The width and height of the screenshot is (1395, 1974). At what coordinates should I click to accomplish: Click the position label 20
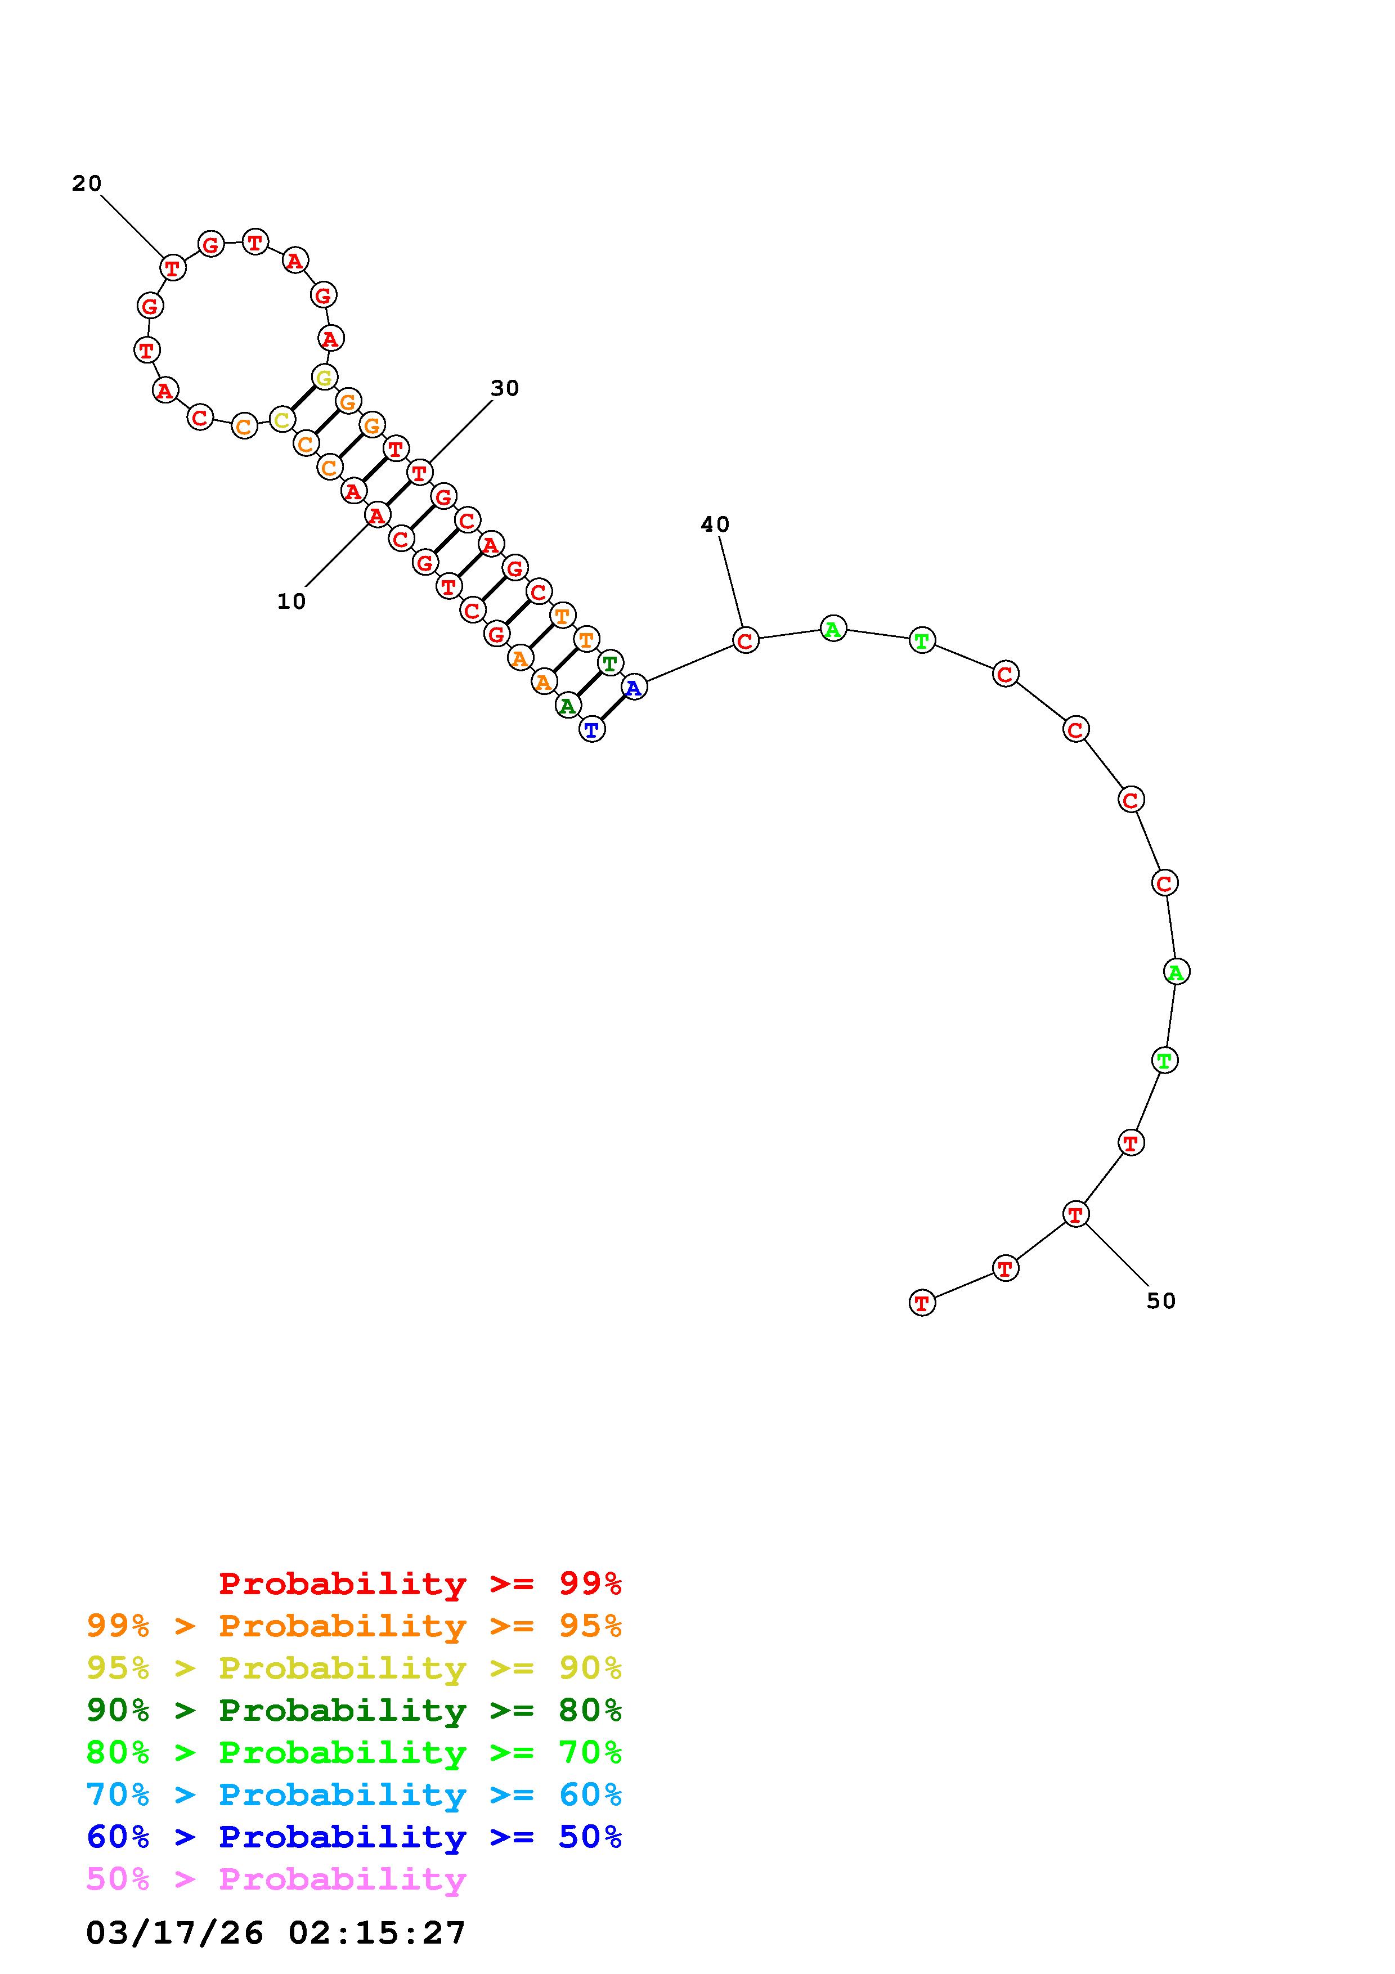coord(87,183)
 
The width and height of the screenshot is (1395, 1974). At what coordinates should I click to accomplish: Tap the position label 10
coord(291,602)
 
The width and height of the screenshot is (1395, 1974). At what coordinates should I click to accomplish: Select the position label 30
coord(505,389)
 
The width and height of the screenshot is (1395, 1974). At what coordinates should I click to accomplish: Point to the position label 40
coord(715,524)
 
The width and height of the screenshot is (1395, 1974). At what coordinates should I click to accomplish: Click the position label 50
coord(1161,1301)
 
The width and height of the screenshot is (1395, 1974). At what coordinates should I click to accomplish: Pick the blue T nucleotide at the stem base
coord(592,730)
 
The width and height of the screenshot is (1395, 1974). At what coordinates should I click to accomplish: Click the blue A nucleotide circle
coord(634,687)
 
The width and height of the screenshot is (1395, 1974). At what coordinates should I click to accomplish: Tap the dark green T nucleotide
coord(610,663)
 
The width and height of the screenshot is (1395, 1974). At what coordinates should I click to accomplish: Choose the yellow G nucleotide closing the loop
coord(324,376)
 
